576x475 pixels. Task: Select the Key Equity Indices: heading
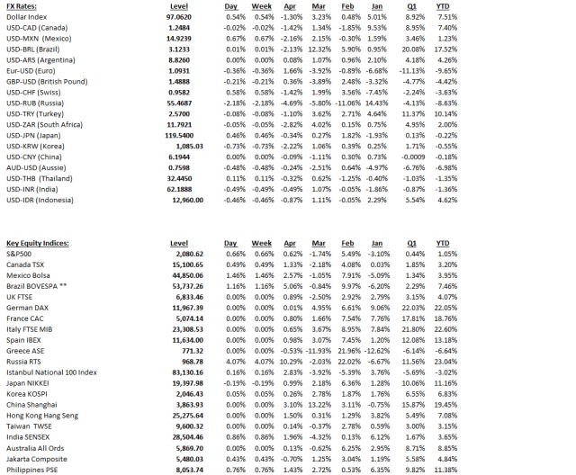pos(40,244)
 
